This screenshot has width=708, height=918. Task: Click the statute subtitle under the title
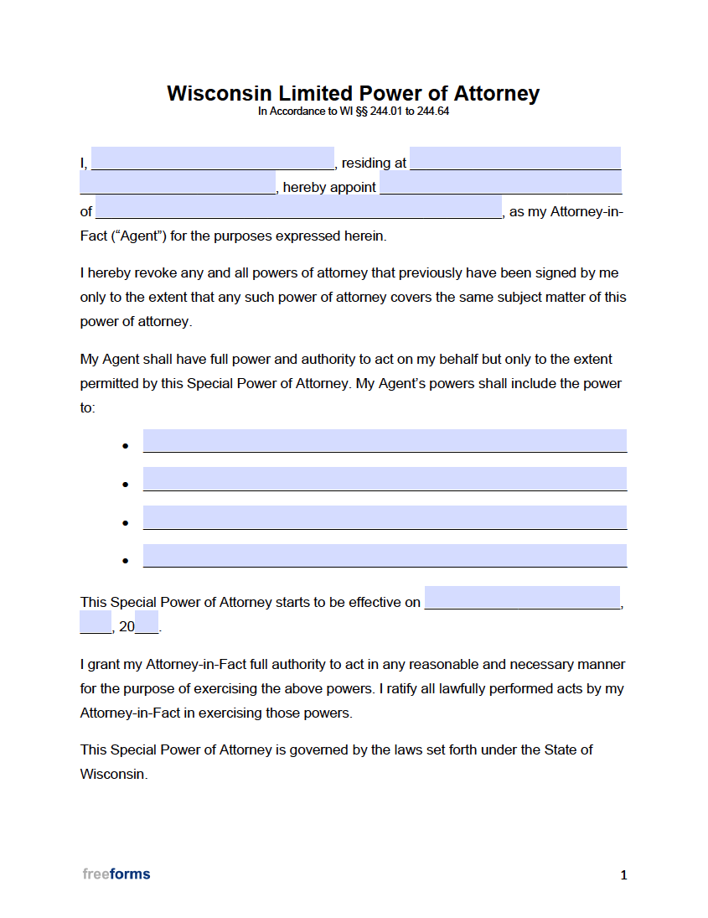pyautogui.click(x=353, y=112)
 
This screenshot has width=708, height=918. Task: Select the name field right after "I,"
pyautogui.click(x=212, y=158)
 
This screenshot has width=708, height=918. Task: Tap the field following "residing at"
pyautogui.click(x=514, y=158)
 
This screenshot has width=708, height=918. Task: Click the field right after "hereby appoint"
pyautogui.click(x=500, y=183)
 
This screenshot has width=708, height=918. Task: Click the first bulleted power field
pyautogui.click(x=385, y=441)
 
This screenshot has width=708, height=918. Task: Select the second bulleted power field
pyautogui.click(x=385, y=479)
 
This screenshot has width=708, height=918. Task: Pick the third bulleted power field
pyautogui.click(x=385, y=517)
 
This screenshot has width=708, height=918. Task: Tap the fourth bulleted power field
pyautogui.click(x=385, y=556)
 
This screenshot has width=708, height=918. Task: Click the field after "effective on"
pyautogui.click(x=522, y=598)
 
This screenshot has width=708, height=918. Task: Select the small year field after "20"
pyautogui.click(x=147, y=622)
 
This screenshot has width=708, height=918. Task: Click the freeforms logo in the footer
pyautogui.click(x=116, y=874)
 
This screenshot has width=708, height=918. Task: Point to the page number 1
pyautogui.click(x=623, y=875)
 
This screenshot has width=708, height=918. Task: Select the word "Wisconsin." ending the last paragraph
pyautogui.click(x=114, y=775)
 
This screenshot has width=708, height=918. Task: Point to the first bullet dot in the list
pyautogui.click(x=125, y=446)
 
